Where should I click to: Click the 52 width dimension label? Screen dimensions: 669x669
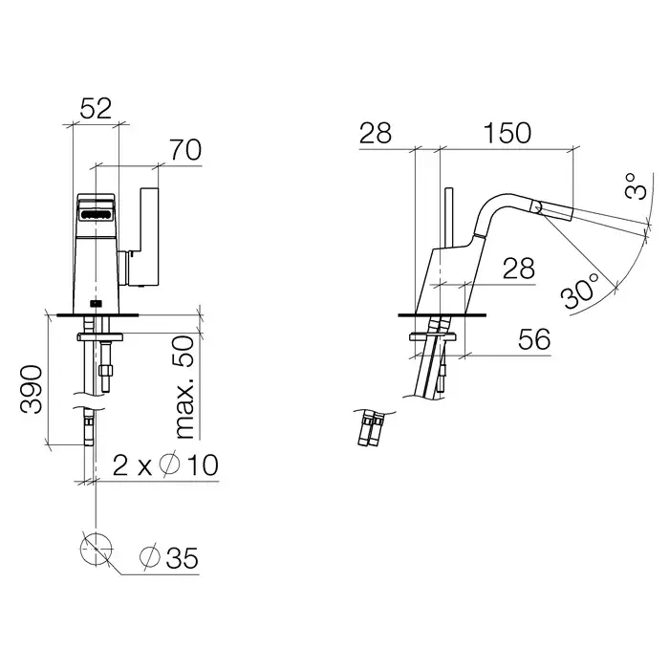click(96, 109)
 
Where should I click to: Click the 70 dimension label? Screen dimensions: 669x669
click(184, 149)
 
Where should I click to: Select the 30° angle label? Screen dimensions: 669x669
click(581, 290)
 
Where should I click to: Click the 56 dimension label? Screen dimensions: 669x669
click(533, 341)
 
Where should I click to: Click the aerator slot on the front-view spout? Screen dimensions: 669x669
click(97, 215)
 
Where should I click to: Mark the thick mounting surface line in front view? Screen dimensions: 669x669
click(96, 313)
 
